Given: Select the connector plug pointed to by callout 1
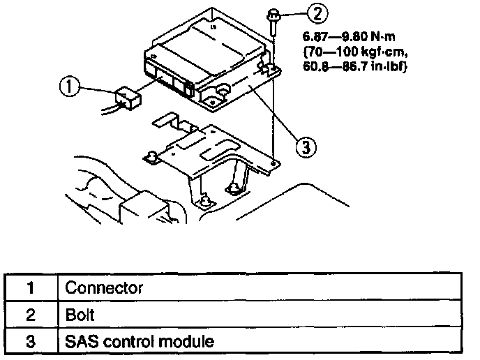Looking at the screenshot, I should coord(128,97).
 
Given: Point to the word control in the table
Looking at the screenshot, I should coord(135,342).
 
